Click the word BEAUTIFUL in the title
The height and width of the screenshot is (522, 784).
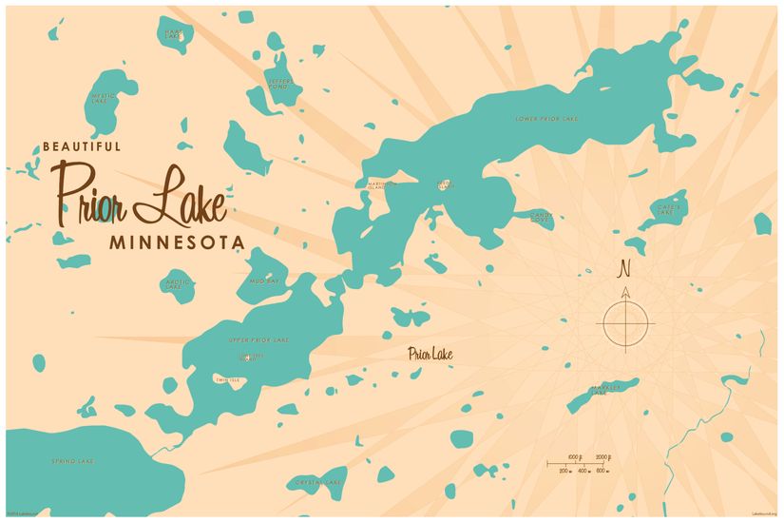pos(82,146)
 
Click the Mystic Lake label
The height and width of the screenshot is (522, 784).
pos(103,98)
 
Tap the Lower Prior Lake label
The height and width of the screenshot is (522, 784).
pos(546,119)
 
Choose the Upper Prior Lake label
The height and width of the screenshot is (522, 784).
pos(259,339)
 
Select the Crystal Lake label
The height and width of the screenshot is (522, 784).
pos(318,482)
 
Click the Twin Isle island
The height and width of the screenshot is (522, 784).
pos(228,380)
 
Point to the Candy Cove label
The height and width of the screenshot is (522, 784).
pos(541,218)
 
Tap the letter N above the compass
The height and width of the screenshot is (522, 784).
pos(624,266)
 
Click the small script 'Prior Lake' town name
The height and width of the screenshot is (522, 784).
pos(430,355)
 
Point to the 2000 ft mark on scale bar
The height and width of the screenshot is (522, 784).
pos(602,457)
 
